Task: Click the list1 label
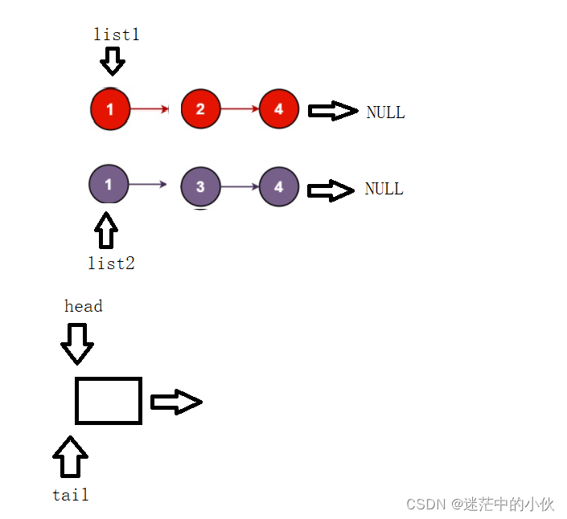[x=117, y=35]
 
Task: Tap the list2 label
[x=111, y=263]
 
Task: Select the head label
[x=84, y=306]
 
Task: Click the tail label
[x=71, y=495]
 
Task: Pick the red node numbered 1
[x=110, y=109]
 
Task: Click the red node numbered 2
[x=200, y=109]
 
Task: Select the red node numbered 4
[x=279, y=108]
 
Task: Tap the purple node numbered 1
[x=109, y=184]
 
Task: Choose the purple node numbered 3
[x=200, y=187]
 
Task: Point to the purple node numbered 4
[x=279, y=187]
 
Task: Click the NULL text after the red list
[x=385, y=112]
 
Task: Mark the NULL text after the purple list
[x=384, y=189]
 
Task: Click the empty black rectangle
[x=109, y=400]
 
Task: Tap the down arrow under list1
[x=112, y=60]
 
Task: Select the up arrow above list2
[x=105, y=231]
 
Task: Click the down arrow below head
[x=77, y=344]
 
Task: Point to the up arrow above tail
[x=70, y=457]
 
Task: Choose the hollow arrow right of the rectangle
[x=175, y=402]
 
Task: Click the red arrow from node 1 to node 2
[x=150, y=108]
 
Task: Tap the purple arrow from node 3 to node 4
[x=239, y=187]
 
